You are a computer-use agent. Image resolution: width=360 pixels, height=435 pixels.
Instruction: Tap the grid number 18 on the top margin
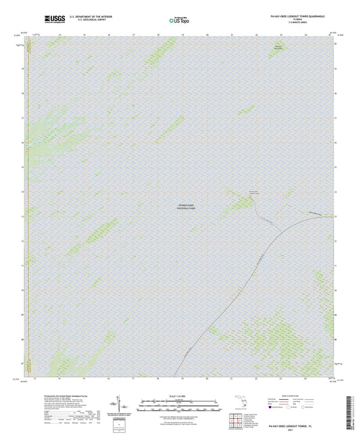pyautogui.click(x=158, y=33)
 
